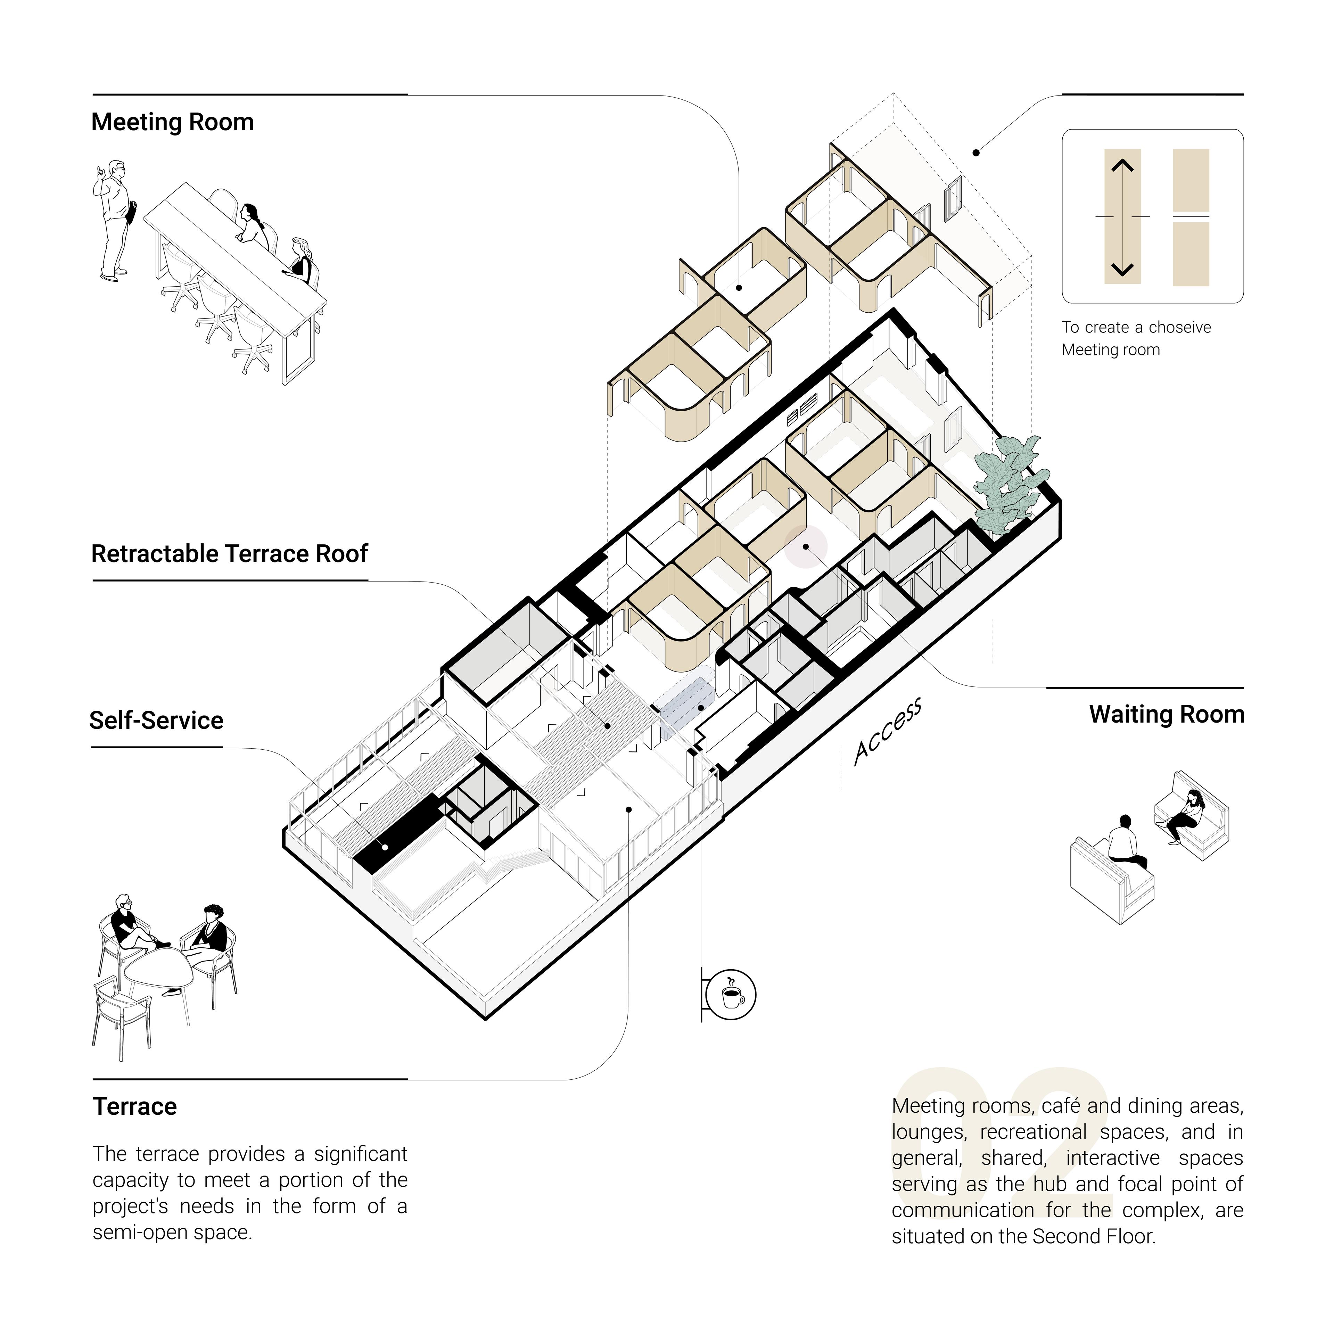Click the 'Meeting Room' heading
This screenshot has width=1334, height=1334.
pyautogui.click(x=173, y=122)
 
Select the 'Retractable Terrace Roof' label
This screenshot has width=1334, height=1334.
pyautogui.click(x=230, y=554)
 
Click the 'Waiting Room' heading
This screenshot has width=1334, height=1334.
pyautogui.click(x=1167, y=715)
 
